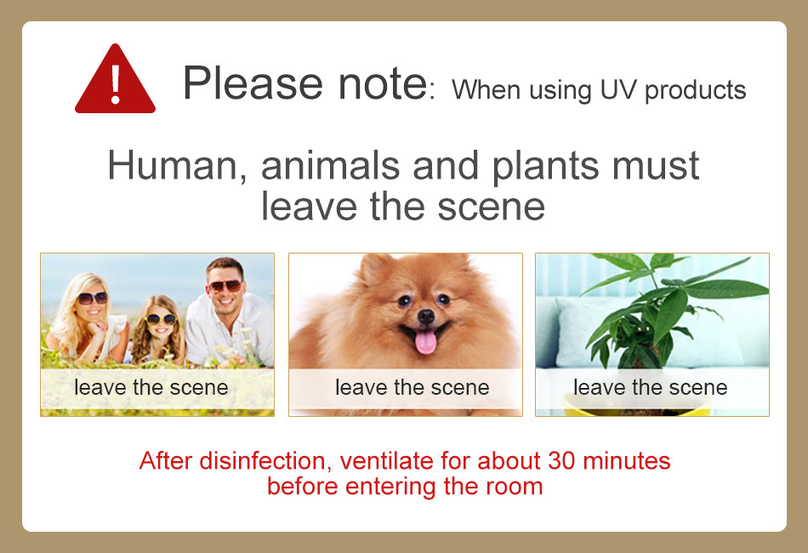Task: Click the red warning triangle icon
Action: coord(115,80)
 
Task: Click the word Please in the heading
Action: coord(253,83)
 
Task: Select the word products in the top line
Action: coord(695,91)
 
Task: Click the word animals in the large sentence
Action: coord(330,165)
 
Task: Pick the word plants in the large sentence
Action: coord(545,167)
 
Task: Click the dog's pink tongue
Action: coord(425,342)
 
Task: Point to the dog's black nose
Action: coord(425,316)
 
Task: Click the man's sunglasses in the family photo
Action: coord(225,286)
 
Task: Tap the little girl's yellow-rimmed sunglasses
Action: coord(160,319)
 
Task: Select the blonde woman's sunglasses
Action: coord(92,298)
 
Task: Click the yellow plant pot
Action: coord(637,406)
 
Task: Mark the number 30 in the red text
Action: coord(561,461)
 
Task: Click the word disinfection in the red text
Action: coord(262,461)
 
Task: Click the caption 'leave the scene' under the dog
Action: coord(413,388)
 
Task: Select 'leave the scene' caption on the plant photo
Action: coord(651,388)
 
